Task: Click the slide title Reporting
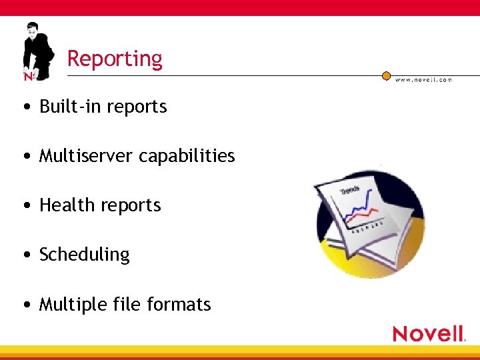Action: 115,59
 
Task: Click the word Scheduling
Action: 85,255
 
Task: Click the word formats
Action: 179,305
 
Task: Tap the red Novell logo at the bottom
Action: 429,333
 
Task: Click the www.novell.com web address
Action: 423,80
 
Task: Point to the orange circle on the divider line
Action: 386,76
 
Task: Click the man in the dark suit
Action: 36,51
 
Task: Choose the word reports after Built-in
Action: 141,107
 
